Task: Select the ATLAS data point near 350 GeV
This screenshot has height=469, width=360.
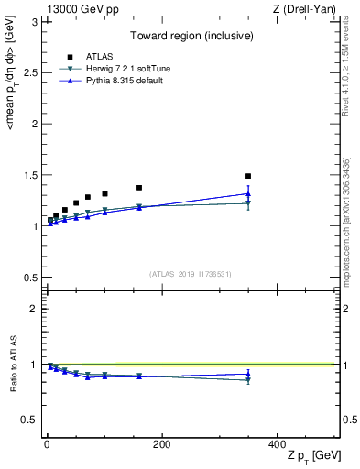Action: [247, 176]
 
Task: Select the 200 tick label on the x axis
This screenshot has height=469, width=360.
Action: [161, 443]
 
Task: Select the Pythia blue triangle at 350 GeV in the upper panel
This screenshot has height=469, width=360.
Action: [247, 193]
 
